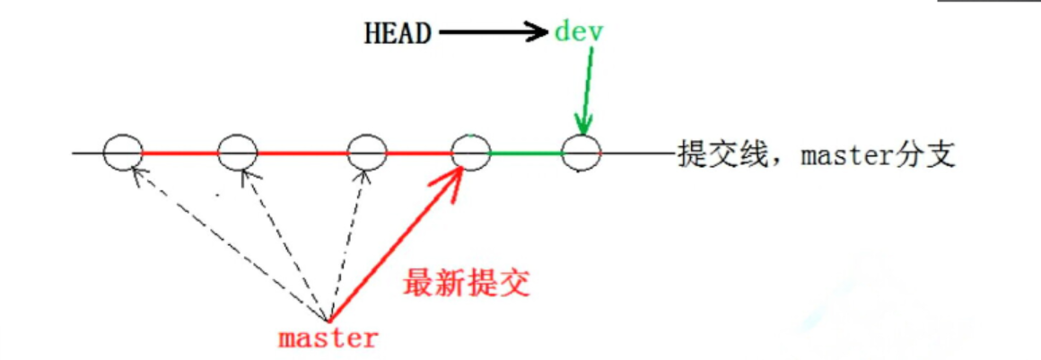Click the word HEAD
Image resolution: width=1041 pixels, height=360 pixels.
click(397, 34)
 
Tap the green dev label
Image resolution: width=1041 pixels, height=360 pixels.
click(580, 33)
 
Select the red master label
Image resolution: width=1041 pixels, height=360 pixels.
click(328, 338)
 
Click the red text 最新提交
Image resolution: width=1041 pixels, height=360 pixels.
click(467, 283)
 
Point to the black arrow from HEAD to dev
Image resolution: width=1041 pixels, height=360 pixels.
click(494, 34)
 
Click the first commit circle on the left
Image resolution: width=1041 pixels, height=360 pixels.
click(122, 153)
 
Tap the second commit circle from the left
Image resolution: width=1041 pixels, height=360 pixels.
click(238, 153)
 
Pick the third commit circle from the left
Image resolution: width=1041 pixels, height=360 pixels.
click(366, 153)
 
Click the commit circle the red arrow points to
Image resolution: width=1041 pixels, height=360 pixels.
click(470, 153)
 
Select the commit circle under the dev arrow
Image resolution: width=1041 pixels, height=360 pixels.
click(581, 153)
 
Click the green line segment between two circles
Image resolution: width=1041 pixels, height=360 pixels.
click(526, 154)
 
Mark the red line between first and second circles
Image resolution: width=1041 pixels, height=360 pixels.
click(179, 154)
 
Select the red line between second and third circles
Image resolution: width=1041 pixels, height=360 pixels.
click(302, 154)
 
